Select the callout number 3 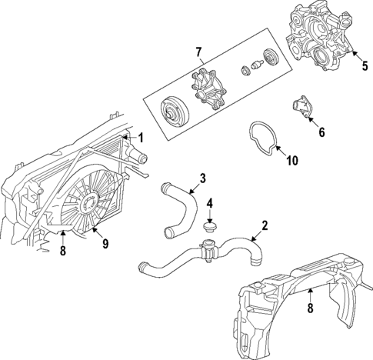pos(202,178)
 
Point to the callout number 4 pos(209,205)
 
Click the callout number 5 pos(365,66)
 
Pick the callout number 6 pos(321,132)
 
